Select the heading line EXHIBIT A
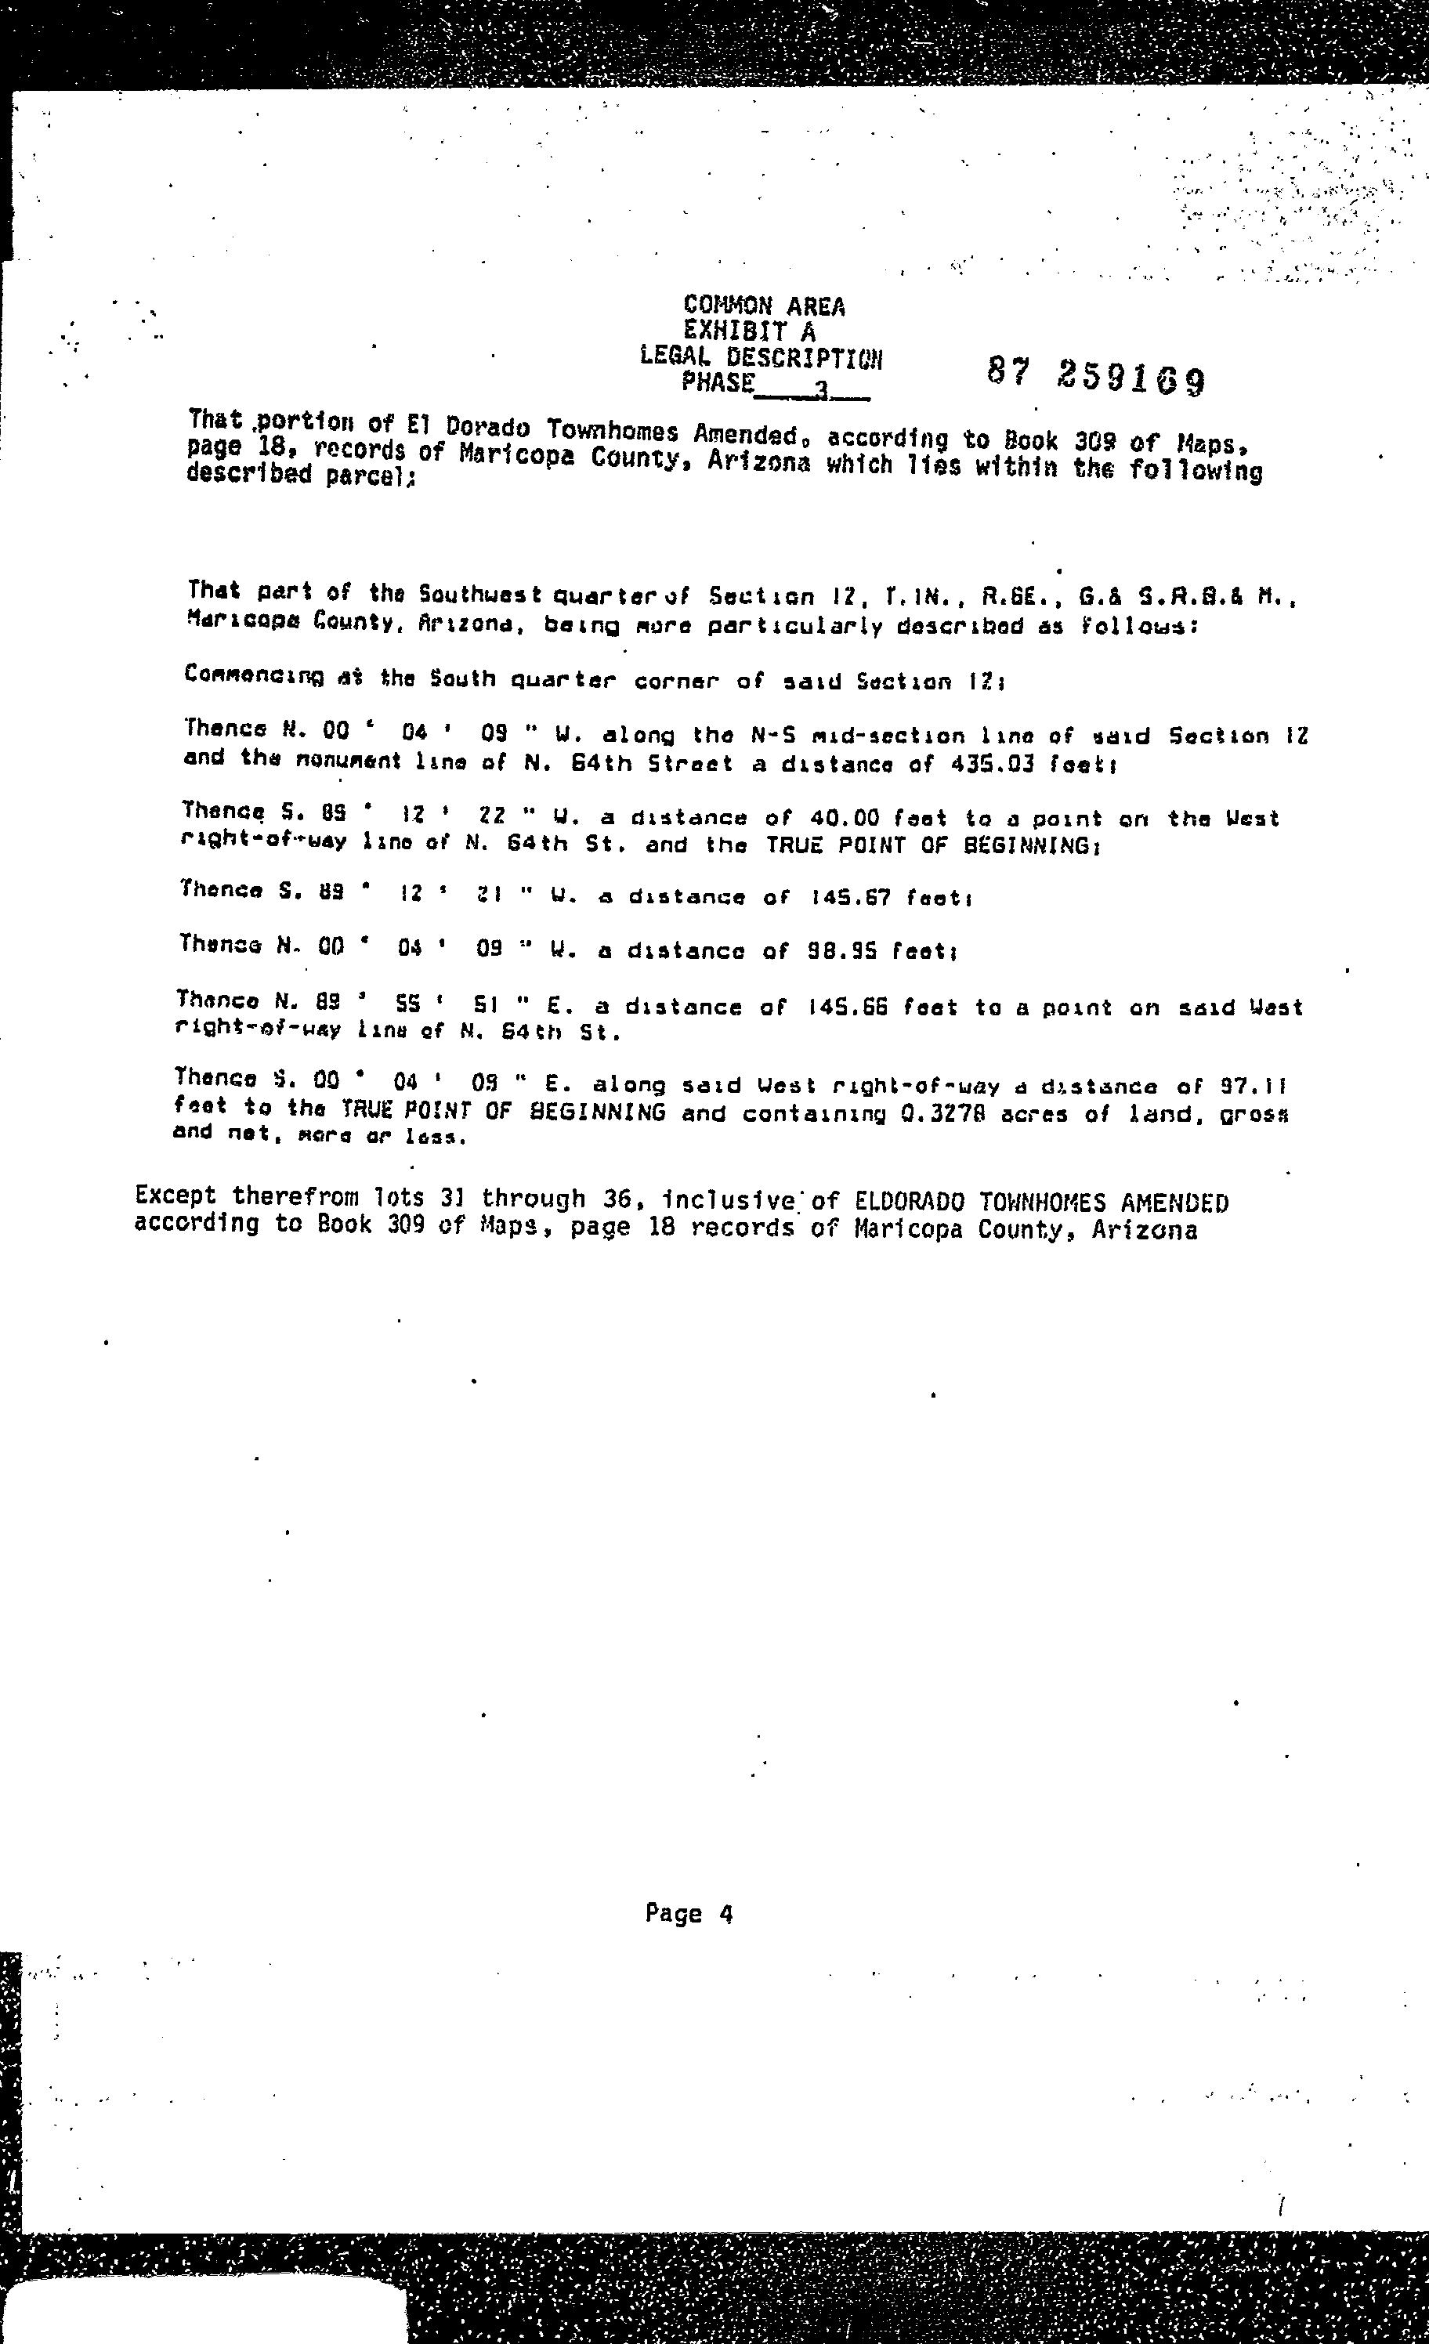750,331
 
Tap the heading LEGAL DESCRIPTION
762,358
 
